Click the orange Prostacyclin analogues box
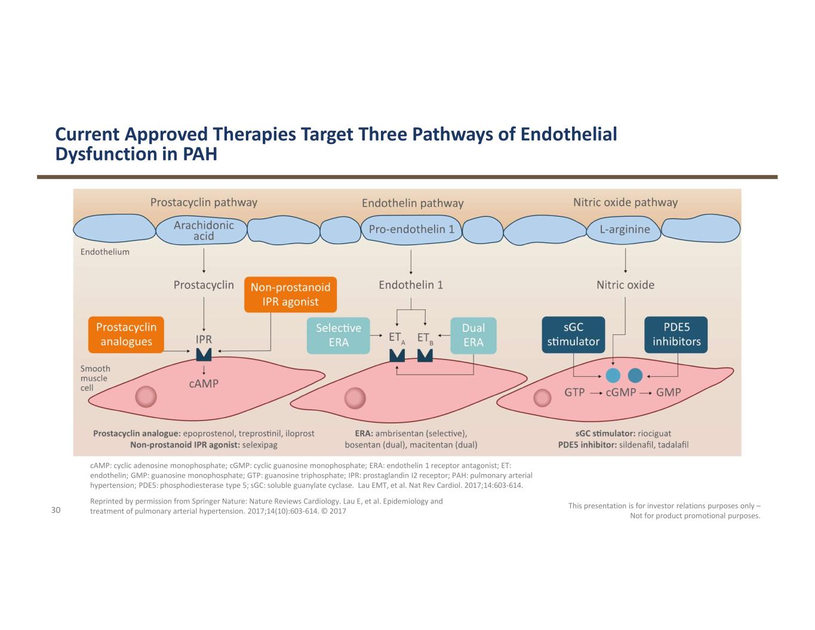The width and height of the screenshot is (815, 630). tap(125, 334)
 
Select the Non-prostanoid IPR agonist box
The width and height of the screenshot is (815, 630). tap(290, 294)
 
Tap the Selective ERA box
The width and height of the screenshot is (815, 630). tap(338, 335)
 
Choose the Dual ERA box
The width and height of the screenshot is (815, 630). tap(473, 335)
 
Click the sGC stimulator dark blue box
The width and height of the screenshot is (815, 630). tap(573, 334)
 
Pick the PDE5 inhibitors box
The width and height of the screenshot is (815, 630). tap(676, 334)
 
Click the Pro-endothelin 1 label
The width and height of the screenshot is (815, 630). tap(411, 229)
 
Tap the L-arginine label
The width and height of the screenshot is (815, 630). tap(625, 229)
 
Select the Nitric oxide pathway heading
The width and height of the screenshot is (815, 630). tap(625, 202)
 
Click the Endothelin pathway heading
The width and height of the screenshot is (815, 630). tap(413, 203)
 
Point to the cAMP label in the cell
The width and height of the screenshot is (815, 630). tap(204, 383)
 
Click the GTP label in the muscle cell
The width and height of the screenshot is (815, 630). tap(574, 393)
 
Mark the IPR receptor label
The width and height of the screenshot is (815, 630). tap(204, 339)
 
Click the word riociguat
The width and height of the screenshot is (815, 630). tap(654, 434)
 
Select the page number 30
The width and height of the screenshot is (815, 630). tap(56, 510)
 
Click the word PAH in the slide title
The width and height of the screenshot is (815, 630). tap(199, 155)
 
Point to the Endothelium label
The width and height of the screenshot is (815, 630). tap(104, 252)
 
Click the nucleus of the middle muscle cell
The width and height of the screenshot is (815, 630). tap(355, 397)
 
